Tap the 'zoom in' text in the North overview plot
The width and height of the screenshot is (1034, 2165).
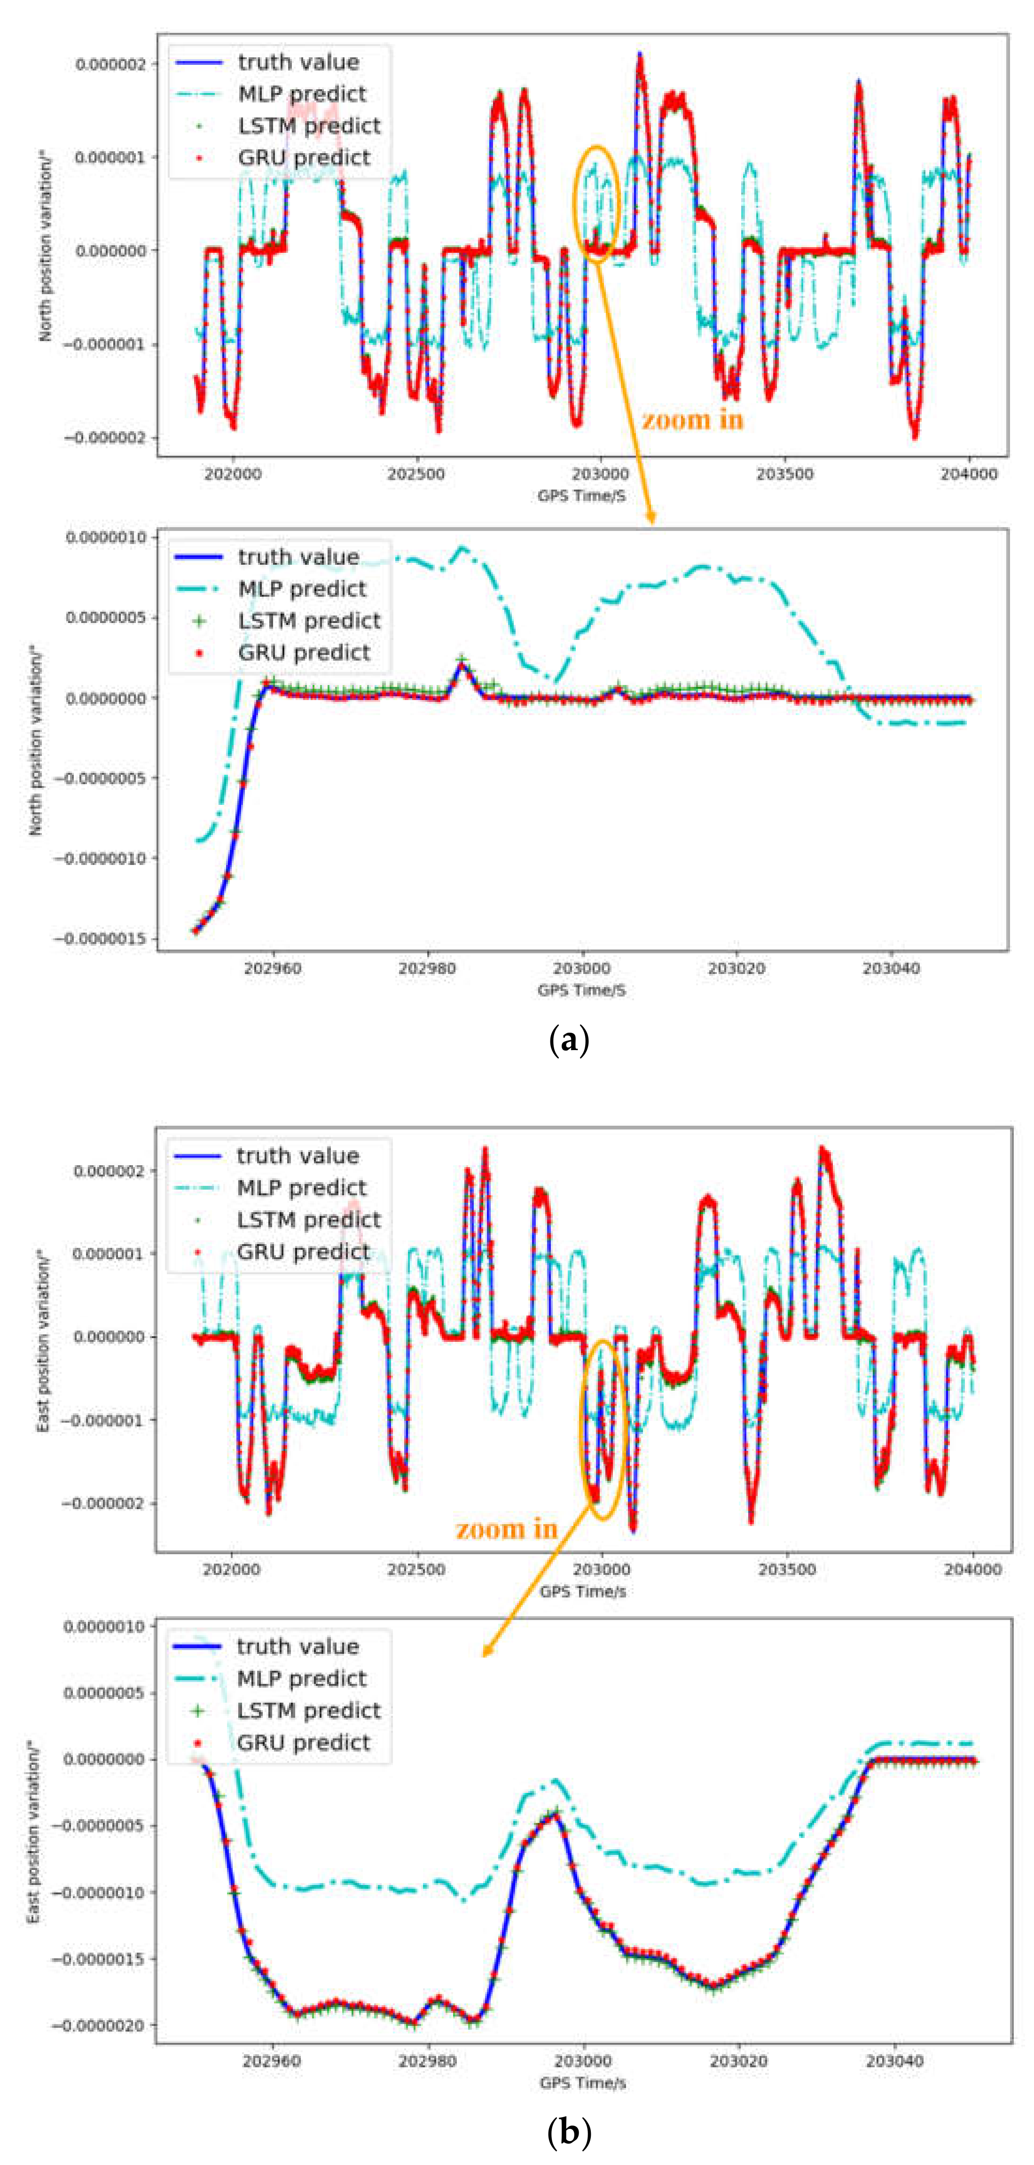pyautogui.click(x=693, y=420)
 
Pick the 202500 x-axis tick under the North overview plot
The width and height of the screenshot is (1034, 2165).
pyautogui.click(x=416, y=474)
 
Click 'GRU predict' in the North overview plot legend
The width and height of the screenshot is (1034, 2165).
pyautogui.click(x=304, y=158)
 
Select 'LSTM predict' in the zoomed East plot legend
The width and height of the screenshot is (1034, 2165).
pyautogui.click(x=308, y=1710)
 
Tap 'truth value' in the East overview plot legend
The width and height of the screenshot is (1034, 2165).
pyautogui.click(x=298, y=1156)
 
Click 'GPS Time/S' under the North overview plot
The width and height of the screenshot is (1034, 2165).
pyautogui.click(x=582, y=496)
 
